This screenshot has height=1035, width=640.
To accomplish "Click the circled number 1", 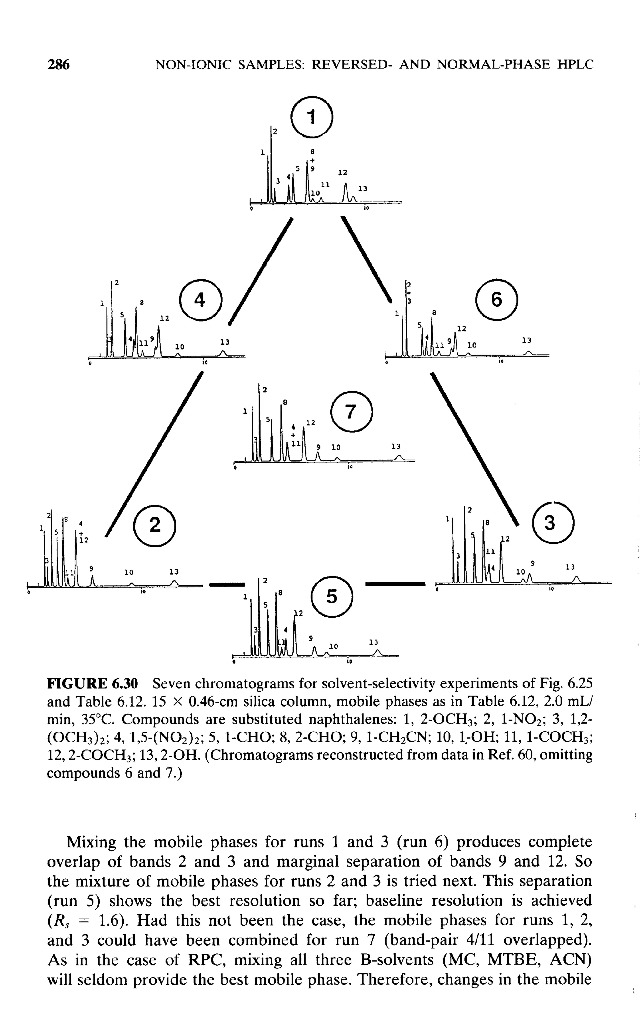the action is click(x=312, y=117).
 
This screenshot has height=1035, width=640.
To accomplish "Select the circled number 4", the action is click(x=200, y=300).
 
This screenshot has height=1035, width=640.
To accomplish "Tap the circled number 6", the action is click(x=497, y=300).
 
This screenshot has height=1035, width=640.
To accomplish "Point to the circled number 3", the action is click(x=549, y=523).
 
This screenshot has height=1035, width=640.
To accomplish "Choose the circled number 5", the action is click(x=332, y=597).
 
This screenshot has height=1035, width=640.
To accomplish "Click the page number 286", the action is click(x=58, y=64).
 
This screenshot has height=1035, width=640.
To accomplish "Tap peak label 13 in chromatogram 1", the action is click(x=363, y=188).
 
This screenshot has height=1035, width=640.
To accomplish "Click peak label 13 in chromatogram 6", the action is click(x=527, y=340).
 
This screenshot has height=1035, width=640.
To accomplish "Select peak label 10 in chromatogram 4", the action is click(x=179, y=347).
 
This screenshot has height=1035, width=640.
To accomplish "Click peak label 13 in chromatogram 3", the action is click(x=571, y=567).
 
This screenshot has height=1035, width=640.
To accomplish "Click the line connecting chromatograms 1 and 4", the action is click(x=261, y=271).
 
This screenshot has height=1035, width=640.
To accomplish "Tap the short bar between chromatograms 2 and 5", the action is click(x=227, y=585).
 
